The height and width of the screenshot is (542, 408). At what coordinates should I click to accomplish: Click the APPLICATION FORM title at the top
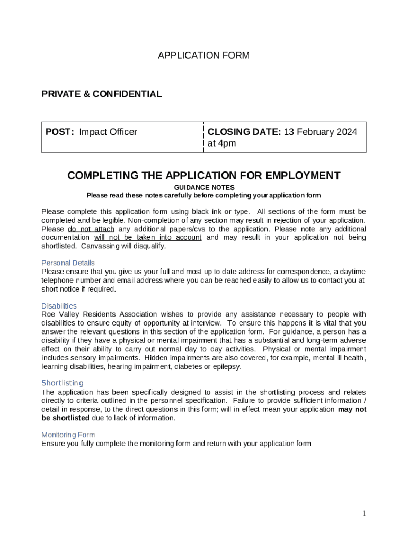[203, 56]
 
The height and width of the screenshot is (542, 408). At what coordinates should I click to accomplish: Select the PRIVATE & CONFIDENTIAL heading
[102, 94]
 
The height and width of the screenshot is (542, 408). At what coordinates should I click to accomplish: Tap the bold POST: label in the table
[59, 132]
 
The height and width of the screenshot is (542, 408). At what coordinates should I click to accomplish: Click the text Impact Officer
[108, 132]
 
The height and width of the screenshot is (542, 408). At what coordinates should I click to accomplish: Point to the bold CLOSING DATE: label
[244, 132]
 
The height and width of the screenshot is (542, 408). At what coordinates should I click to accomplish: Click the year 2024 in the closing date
[347, 132]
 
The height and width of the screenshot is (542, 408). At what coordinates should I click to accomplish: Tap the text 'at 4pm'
[221, 143]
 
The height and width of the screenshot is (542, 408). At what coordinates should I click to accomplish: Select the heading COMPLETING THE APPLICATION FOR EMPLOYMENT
[203, 176]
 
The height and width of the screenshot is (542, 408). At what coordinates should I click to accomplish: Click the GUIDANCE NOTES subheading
[204, 187]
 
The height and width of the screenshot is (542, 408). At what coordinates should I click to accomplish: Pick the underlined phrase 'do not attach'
[91, 229]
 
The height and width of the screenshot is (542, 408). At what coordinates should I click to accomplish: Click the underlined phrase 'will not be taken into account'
[148, 238]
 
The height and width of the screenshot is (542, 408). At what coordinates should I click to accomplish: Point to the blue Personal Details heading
[68, 263]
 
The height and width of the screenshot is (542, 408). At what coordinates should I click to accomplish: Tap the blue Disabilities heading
[59, 306]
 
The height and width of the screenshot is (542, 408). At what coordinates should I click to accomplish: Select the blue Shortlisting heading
[63, 383]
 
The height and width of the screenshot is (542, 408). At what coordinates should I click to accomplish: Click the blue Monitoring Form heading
[68, 435]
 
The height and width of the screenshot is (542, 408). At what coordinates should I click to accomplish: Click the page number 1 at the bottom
[364, 513]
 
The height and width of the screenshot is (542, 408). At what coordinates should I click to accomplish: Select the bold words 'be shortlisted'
[65, 418]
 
